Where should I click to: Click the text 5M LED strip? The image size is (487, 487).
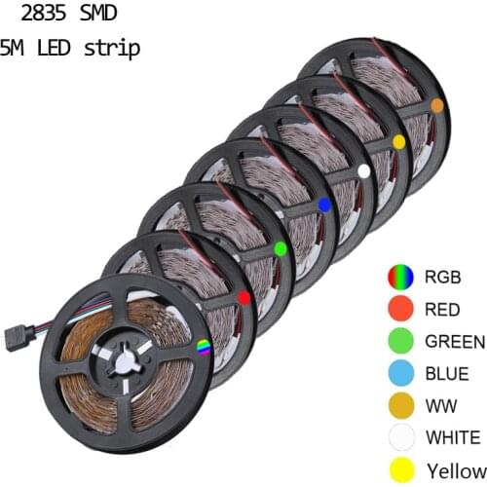click(70, 48)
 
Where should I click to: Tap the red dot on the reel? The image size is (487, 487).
click(243, 296)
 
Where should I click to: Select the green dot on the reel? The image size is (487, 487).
click(281, 248)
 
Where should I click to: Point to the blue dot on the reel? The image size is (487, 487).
click(323, 204)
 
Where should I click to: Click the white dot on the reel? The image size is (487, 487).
click(363, 170)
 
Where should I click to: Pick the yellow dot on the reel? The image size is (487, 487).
click(397, 141)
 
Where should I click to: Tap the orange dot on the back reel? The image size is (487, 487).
click(437, 104)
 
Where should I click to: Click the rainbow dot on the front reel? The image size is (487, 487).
click(204, 346)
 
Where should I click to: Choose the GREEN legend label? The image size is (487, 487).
click(454, 341)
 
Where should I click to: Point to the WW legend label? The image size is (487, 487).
click(437, 403)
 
